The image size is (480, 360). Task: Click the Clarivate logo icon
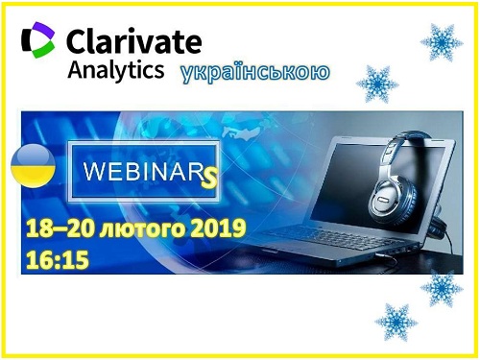pos(37,40)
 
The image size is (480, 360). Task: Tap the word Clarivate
pos(134,41)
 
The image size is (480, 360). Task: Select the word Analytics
pos(116,70)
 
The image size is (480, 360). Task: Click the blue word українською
pos(255,73)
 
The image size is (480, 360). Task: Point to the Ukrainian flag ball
pos(33,166)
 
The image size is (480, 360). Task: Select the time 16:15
pos(58,259)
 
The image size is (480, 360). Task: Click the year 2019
pos(218,228)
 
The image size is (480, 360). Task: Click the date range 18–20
pos(60,228)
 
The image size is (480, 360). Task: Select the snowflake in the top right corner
pos(442,42)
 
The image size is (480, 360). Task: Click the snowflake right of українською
pos(377,84)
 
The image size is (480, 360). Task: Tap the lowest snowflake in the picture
pos(396,323)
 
